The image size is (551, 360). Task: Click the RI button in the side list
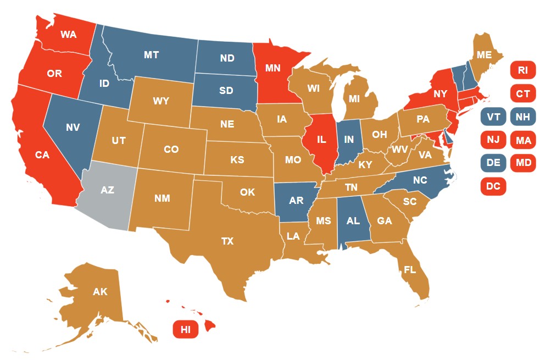click(x=523, y=70)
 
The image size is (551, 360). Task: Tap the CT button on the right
click(x=523, y=93)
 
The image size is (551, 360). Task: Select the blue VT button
click(x=493, y=117)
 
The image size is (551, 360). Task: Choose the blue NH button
click(x=523, y=117)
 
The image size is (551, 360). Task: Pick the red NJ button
click(x=493, y=140)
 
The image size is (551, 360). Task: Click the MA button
click(x=523, y=140)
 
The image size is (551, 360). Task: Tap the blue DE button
click(x=493, y=163)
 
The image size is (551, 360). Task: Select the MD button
click(x=523, y=163)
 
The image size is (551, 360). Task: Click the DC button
click(x=493, y=186)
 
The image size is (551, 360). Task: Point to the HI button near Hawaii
click(x=186, y=329)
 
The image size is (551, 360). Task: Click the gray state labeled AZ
click(x=108, y=190)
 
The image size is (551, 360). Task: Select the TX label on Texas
click(x=227, y=241)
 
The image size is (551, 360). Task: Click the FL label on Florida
click(x=409, y=270)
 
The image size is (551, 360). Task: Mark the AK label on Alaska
click(x=100, y=292)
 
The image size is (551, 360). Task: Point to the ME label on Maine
click(x=484, y=55)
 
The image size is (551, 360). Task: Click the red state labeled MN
click(x=273, y=69)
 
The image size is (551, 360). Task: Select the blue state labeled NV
click(x=73, y=128)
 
